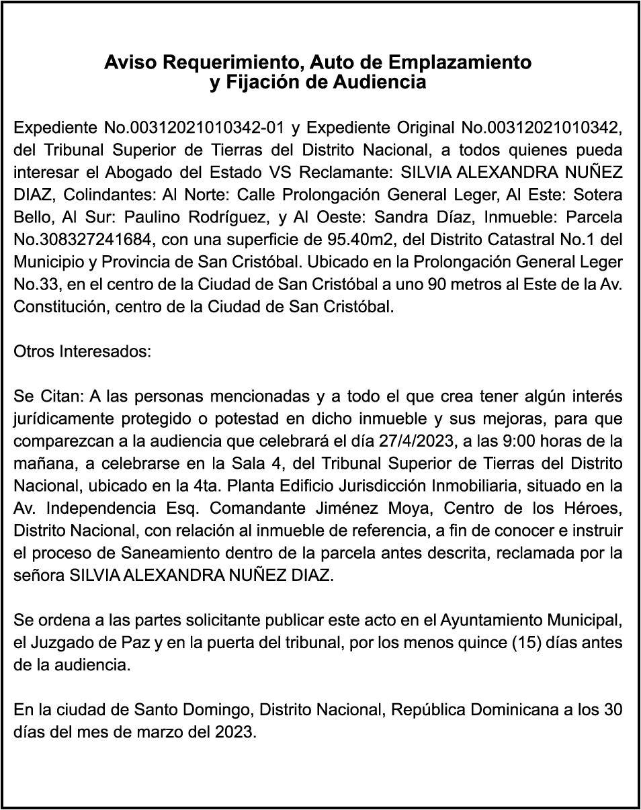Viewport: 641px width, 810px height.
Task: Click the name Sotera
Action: coord(597,195)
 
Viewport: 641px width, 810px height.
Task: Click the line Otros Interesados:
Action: coord(83,351)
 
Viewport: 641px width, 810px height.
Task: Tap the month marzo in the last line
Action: coord(159,731)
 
